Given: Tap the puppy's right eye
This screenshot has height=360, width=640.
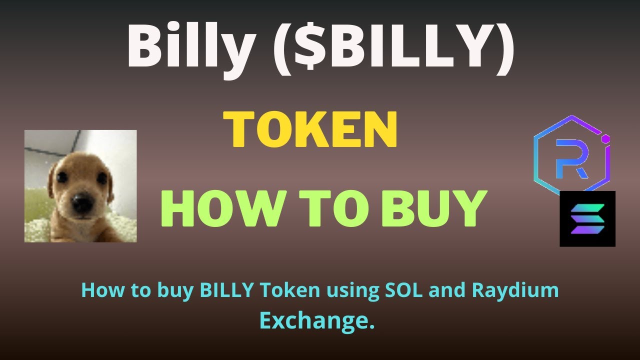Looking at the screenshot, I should (101, 178).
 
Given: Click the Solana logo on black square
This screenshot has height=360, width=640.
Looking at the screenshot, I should (587, 218).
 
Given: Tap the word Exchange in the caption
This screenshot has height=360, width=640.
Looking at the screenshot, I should (317, 320).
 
